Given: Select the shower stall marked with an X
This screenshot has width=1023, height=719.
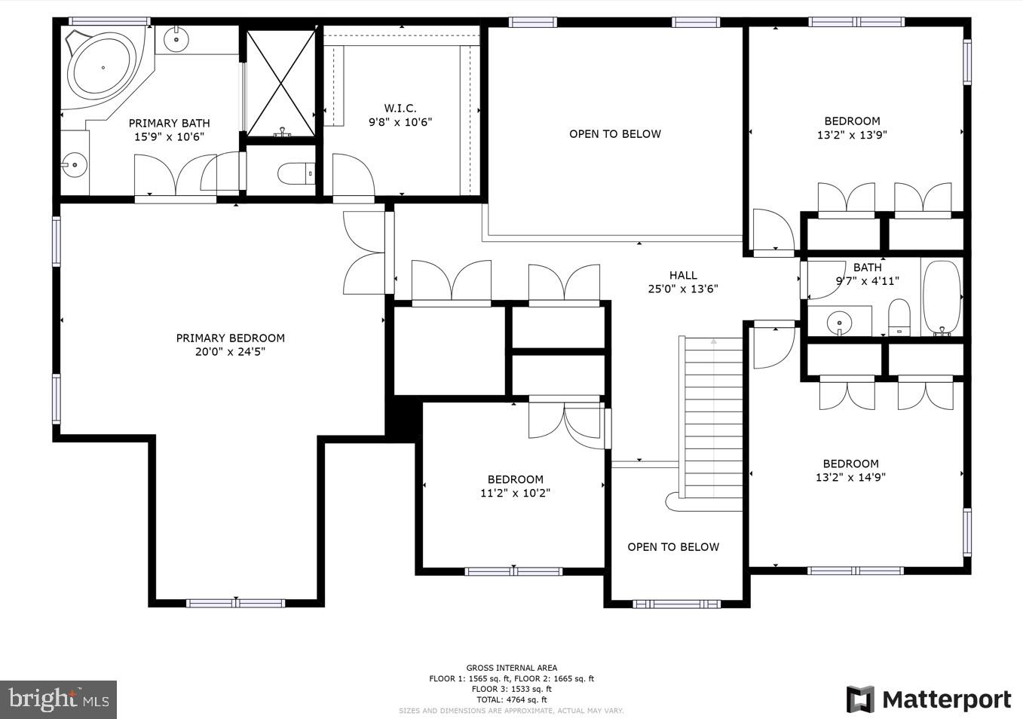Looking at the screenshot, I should click(x=281, y=82).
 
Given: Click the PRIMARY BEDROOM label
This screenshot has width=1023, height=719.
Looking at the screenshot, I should click(x=230, y=338).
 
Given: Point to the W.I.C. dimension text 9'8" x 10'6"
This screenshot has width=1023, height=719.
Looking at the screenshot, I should click(x=400, y=122).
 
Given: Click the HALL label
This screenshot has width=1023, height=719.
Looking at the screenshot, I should click(x=683, y=275).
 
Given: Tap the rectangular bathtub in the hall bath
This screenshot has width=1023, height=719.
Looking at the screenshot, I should click(x=942, y=297).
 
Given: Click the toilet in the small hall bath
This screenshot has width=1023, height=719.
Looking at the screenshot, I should click(x=899, y=317).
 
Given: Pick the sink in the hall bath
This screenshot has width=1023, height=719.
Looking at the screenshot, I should click(x=839, y=323).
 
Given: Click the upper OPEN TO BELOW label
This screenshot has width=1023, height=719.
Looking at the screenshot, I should click(x=615, y=134).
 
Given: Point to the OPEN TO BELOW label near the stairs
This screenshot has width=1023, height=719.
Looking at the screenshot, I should click(x=673, y=547).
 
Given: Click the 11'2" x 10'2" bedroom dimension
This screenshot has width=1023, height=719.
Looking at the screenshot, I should click(x=515, y=493).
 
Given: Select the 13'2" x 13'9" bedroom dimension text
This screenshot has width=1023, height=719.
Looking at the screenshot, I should click(x=852, y=135).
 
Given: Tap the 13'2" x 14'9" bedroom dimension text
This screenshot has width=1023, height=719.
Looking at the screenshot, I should click(x=850, y=477).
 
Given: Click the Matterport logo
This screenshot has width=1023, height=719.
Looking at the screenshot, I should click(x=929, y=699).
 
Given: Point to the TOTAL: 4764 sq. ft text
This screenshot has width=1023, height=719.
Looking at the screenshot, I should click(x=512, y=699).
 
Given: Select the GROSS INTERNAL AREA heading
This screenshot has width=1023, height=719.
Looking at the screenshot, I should click(x=512, y=668).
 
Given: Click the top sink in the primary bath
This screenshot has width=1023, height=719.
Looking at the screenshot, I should click(x=176, y=38).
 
